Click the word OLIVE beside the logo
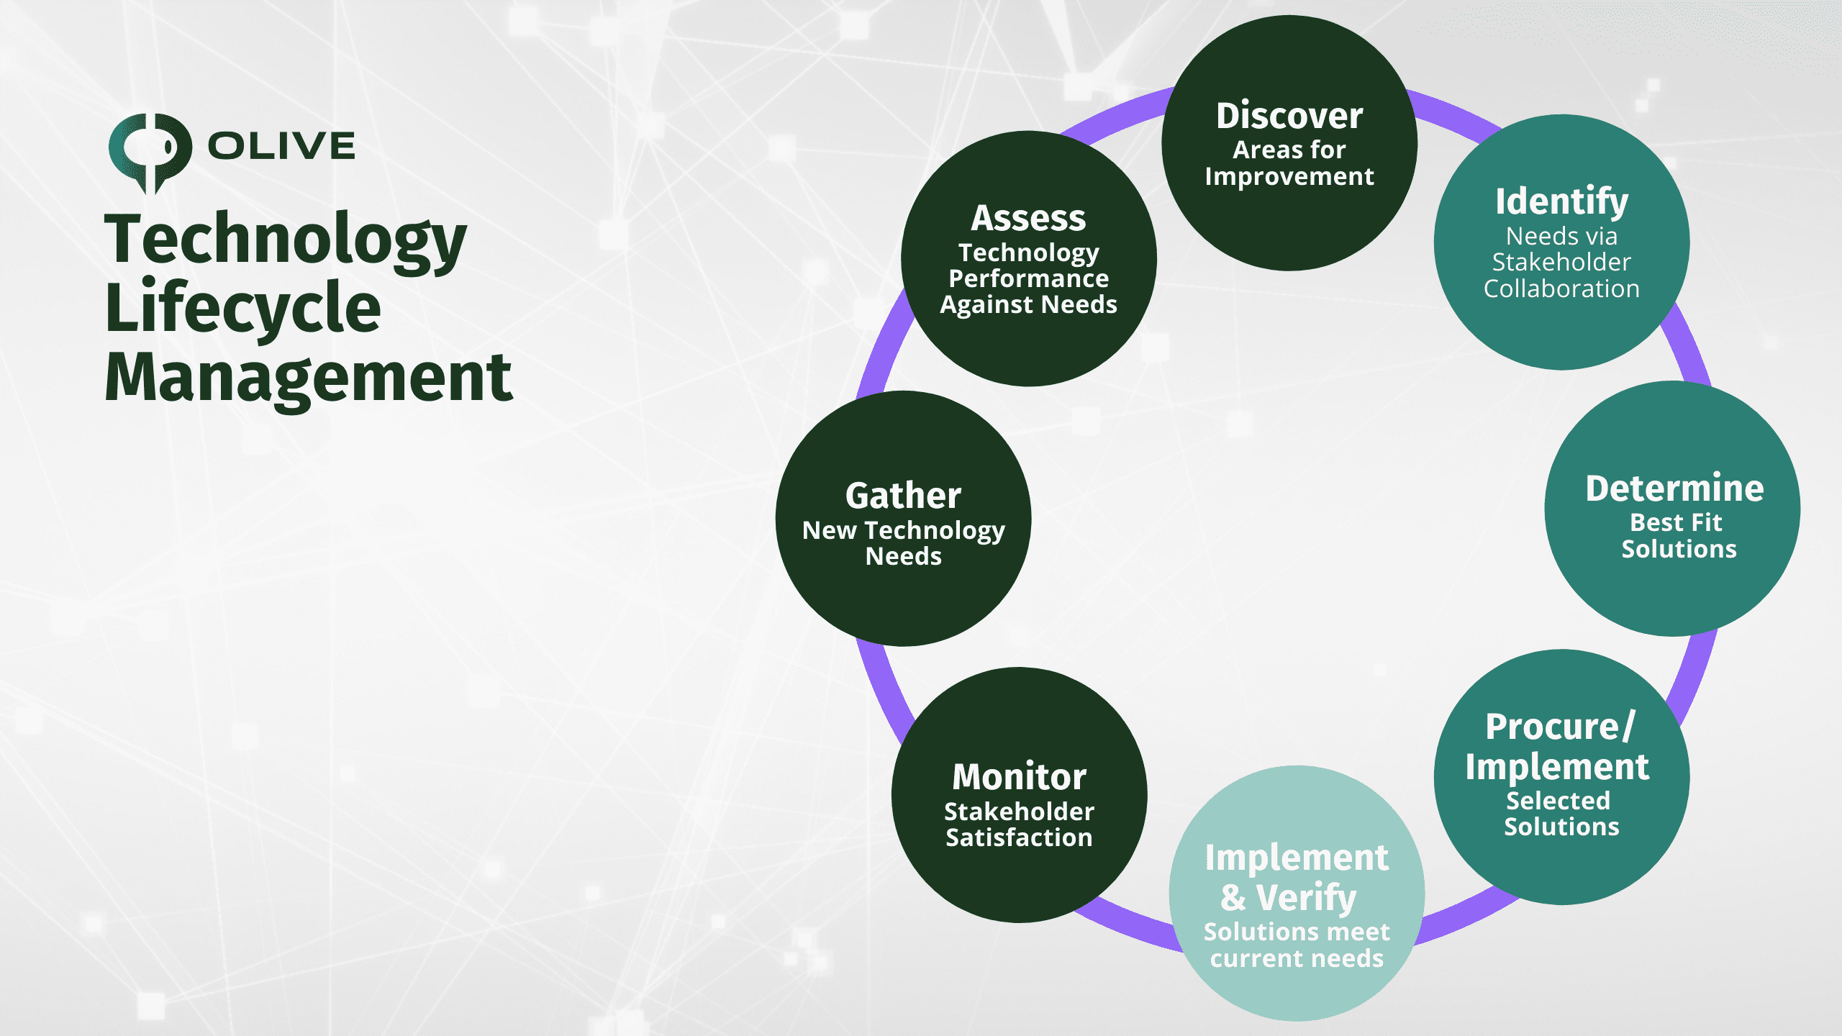[281, 146]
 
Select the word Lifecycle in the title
[242, 309]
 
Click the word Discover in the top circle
[1289, 116]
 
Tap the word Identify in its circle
[1561, 201]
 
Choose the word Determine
[1675, 489]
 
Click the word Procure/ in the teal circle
[1561, 727]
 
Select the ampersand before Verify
[1233, 898]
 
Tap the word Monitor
[1019, 777]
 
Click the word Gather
[903, 496]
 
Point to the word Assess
[1028, 218]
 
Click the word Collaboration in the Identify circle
[1561, 289]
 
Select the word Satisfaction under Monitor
[1019, 837]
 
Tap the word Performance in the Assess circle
[1029, 278]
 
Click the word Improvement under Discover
[1289, 176]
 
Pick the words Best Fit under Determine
[1676, 522]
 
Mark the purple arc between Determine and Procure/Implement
[1694, 676]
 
